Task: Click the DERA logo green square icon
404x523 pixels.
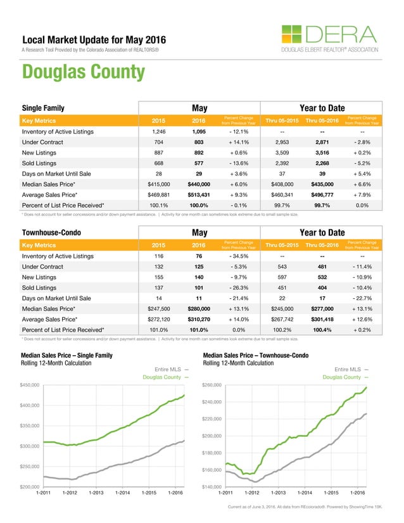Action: pos(292,35)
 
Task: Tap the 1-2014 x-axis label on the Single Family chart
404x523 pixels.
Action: pos(121,493)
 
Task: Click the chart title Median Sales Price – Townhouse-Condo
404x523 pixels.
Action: pos(255,356)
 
